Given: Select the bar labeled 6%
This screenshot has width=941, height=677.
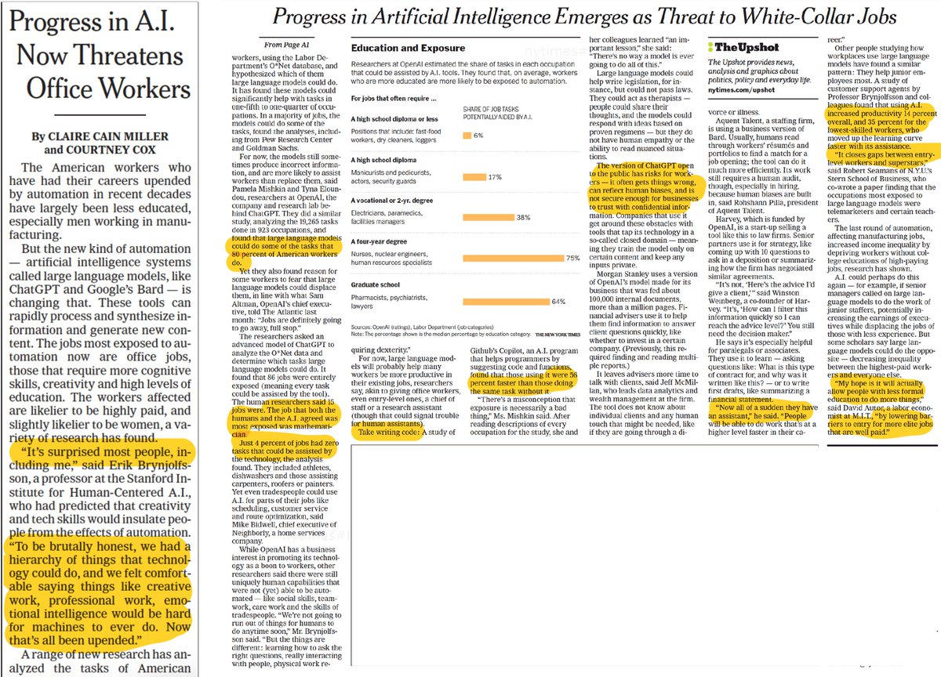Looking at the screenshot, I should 467,136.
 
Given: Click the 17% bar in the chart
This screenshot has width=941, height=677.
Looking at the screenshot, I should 476,177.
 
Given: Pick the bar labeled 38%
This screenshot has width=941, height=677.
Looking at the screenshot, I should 489,217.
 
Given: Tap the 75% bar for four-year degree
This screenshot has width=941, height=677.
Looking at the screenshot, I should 514,258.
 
